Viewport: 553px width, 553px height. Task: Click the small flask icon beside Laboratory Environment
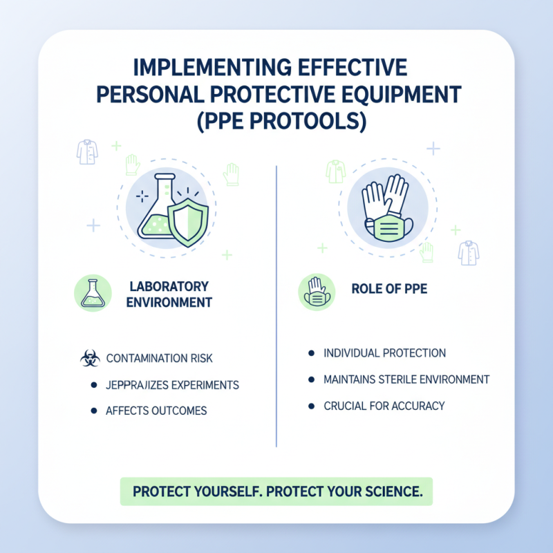click(x=92, y=293)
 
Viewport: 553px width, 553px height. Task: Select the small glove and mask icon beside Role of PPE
click(x=317, y=292)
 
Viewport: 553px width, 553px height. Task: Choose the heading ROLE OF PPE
click(x=390, y=290)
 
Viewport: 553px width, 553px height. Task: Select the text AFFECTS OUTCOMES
click(x=156, y=411)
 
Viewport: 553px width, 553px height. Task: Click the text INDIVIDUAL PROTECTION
click(x=384, y=353)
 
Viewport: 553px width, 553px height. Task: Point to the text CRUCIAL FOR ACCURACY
click(x=384, y=406)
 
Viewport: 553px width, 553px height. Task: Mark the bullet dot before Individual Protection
click(x=309, y=353)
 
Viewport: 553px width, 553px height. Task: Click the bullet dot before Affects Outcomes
click(x=93, y=411)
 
